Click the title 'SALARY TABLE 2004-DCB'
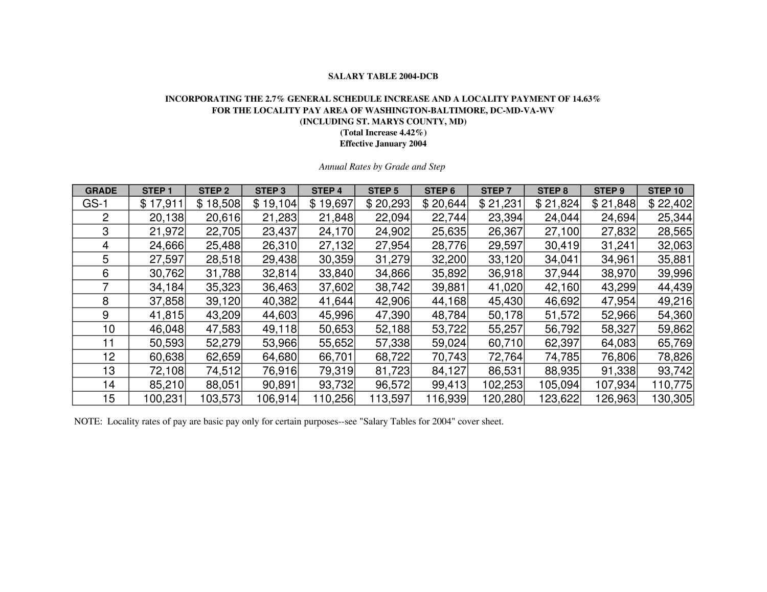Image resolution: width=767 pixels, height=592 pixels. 382,77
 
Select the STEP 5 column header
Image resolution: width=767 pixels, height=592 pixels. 382,191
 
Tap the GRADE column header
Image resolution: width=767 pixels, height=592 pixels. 101,191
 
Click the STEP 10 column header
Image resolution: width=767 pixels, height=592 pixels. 665,191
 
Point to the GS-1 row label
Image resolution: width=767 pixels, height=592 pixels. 95,204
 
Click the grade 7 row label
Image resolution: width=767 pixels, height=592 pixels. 105,287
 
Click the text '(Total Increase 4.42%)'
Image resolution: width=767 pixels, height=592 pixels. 383,133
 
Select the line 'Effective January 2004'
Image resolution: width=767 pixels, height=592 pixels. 383,144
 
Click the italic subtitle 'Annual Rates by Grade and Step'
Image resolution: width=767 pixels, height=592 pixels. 382,167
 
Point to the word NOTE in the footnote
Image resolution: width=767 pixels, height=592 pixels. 87,422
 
